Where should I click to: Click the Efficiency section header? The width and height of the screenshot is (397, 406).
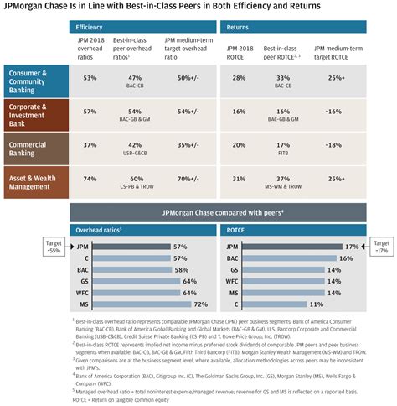point(90,28)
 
